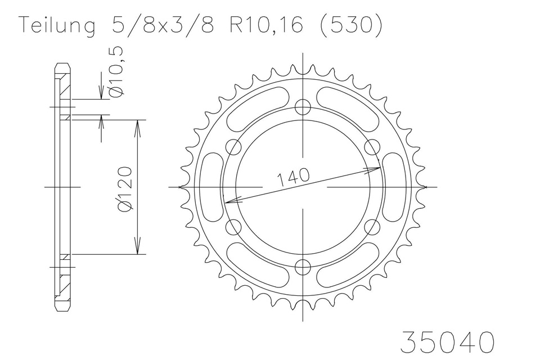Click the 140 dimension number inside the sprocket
(293, 177)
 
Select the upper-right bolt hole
(372, 147)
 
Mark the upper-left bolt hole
(233, 147)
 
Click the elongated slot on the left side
(212, 186)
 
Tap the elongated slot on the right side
(394, 186)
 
